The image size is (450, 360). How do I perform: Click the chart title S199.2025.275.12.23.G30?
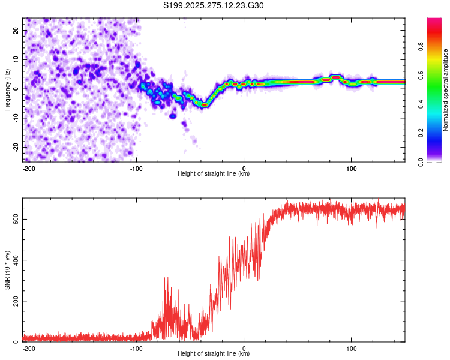click(x=214, y=5)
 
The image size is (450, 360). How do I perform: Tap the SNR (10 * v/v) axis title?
click(x=7, y=270)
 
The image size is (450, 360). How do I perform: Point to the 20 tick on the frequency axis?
click(x=16, y=30)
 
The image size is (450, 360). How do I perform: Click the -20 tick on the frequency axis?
click(x=15, y=147)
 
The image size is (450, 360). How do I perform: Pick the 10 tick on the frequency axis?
click(x=16, y=59)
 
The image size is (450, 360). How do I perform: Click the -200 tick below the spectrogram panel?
click(x=28, y=167)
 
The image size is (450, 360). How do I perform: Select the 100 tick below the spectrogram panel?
click(x=352, y=167)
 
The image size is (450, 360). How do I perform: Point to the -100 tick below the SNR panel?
click(x=136, y=347)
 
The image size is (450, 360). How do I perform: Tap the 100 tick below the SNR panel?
click(x=352, y=347)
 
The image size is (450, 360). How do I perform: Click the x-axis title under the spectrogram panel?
click(x=214, y=174)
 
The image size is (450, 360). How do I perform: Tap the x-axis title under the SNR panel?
click(x=214, y=354)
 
